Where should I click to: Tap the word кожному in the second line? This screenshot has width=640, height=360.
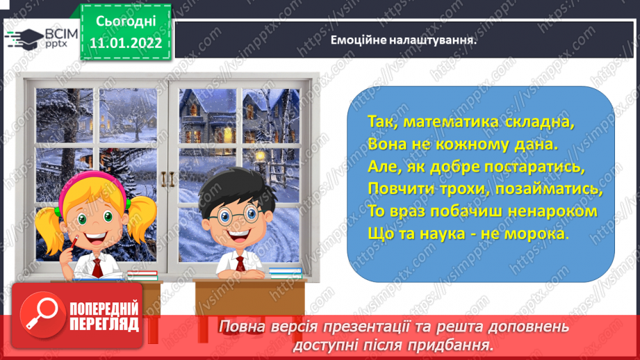click(x=484, y=144)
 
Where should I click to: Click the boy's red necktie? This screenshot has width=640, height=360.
click(x=239, y=264)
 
